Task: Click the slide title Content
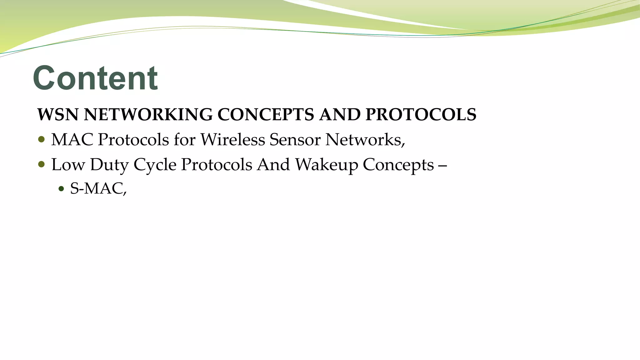point(95,78)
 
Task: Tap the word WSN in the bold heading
point(58,114)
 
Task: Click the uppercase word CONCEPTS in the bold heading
point(266,114)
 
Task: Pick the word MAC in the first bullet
point(72,139)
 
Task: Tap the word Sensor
point(295,139)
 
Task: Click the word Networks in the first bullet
point(364,139)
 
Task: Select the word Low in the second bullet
point(68,164)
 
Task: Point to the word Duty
point(109,165)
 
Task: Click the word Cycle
point(155,165)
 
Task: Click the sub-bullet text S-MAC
point(98,188)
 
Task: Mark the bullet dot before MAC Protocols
point(41,139)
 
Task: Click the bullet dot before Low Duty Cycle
point(41,164)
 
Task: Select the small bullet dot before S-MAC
point(61,189)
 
